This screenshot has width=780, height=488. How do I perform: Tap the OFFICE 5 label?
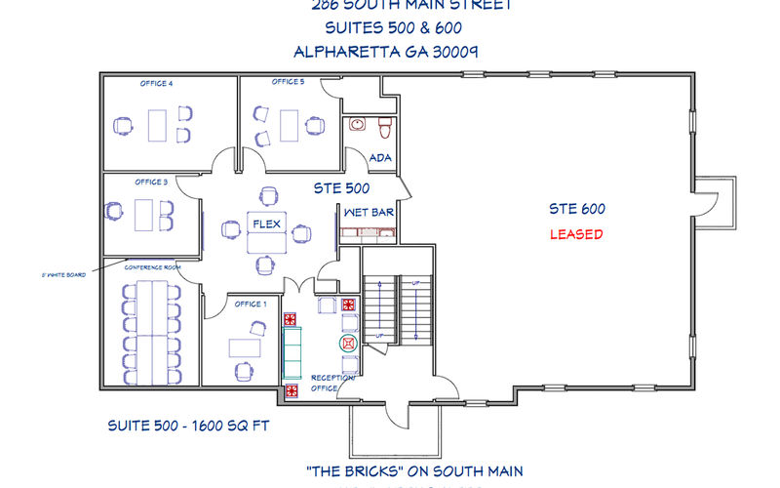pos(288,82)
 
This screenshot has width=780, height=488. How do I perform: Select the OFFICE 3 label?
pos(151,182)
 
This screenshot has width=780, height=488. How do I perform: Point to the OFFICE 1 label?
pos(251,304)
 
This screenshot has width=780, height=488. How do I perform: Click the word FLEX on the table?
pos(267,224)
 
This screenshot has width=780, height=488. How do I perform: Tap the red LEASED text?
pos(576,234)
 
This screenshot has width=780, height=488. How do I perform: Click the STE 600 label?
pos(576,208)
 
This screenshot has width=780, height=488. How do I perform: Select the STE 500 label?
pos(340,187)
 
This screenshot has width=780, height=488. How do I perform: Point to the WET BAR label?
pos(368,211)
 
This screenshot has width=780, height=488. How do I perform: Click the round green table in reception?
pos(348,344)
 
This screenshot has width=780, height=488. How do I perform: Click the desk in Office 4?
pos(157,125)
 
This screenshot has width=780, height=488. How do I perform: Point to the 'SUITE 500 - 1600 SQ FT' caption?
pos(187,427)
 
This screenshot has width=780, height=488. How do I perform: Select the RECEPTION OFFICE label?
pos(325,383)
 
